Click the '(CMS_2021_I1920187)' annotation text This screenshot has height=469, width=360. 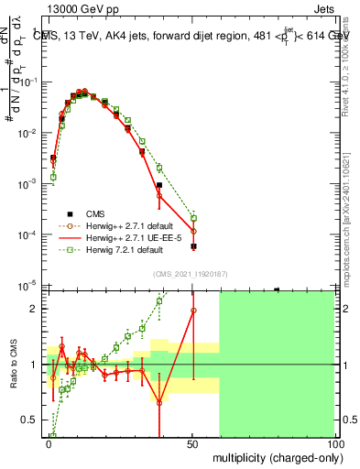point(191,272)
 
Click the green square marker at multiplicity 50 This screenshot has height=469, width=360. point(193,217)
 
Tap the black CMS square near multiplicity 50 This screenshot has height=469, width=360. point(193,246)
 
